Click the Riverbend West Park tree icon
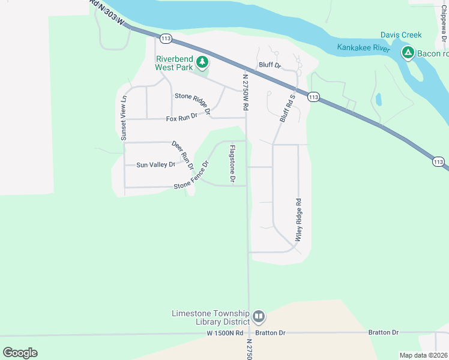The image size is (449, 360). point(203,62)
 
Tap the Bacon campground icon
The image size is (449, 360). point(408,53)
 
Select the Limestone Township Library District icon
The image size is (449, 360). point(259,316)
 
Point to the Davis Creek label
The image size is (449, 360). point(401,35)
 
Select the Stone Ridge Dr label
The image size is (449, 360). point(193,103)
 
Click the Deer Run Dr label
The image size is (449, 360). point(182,154)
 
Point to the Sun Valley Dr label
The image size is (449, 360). point(155,164)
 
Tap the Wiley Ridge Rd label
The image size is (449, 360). point(298,220)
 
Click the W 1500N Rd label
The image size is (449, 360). point(225,332)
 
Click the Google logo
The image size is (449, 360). point(20,353)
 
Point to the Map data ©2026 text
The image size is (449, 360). point(424,355)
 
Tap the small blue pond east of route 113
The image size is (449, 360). point(378,99)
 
